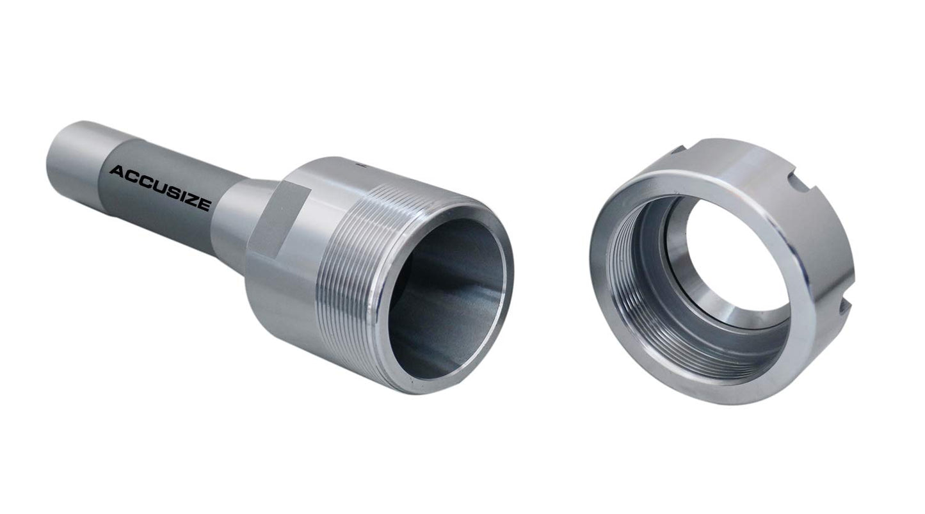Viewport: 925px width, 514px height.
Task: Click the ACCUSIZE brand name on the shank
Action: [x=160, y=188]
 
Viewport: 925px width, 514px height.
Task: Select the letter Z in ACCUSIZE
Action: [x=191, y=200]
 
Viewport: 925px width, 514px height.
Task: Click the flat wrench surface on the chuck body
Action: [x=277, y=220]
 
